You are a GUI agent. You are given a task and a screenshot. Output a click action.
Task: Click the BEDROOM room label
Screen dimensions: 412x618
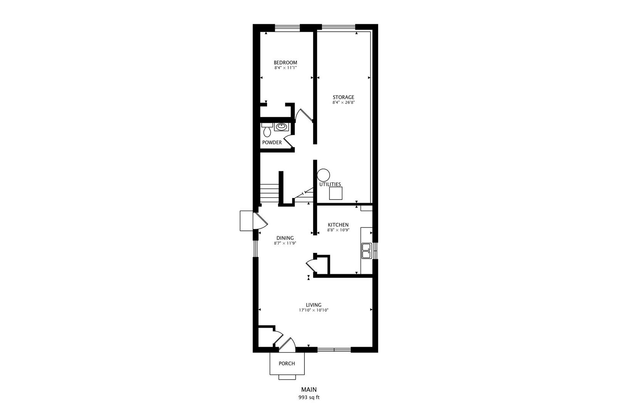click(x=285, y=63)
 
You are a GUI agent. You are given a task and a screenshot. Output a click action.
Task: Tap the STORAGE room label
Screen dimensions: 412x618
click(x=343, y=97)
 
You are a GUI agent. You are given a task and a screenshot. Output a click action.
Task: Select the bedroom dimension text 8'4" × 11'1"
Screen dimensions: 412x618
click(x=285, y=68)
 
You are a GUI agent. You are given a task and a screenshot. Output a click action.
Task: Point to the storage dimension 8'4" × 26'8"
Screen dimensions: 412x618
click(x=343, y=102)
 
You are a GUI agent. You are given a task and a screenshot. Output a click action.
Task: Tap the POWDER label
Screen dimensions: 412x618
click(x=272, y=143)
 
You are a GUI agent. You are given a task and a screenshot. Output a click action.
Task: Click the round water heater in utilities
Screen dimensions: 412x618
click(x=323, y=175)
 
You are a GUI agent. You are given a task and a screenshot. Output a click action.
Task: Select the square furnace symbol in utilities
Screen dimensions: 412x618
click(x=336, y=193)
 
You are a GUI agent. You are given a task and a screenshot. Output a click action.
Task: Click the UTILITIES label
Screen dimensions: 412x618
click(x=330, y=184)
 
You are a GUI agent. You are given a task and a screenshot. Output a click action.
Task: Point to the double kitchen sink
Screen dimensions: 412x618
click(x=366, y=251)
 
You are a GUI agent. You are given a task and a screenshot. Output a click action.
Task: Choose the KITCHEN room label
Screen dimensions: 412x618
click(x=338, y=225)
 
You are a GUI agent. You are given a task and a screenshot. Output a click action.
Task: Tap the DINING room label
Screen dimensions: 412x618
click(x=285, y=238)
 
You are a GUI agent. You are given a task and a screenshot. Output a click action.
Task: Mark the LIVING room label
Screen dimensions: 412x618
click(x=314, y=305)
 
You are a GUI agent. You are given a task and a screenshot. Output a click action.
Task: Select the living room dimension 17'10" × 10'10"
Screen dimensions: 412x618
click(x=314, y=310)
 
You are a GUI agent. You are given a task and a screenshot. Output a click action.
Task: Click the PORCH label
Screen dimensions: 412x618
click(x=286, y=364)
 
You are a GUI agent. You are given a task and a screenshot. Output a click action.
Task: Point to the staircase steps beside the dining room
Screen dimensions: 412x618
click(x=269, y=194)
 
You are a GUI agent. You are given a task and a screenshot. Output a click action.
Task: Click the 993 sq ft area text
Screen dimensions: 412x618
click(x=309, y=397)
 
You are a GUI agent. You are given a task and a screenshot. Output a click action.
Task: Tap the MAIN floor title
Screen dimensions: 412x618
click(x=309, y=389)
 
